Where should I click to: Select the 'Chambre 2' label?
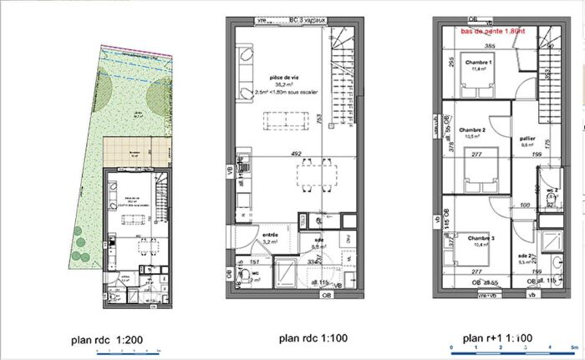pyautogui.click(x=472, y=129)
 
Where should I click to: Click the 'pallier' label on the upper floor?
pyautogui.click(x=527, y=139)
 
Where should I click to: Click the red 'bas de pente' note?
pyautogui.click(x=493, y=31)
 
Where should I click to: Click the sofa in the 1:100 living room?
pyautogui.click(x=246, y=71)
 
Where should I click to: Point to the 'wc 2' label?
pyautogui.click(x=551, y=190)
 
